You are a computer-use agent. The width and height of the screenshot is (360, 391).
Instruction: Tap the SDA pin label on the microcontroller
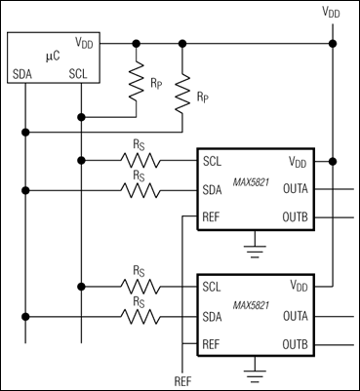23,73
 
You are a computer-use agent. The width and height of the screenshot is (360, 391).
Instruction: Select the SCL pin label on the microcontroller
80,73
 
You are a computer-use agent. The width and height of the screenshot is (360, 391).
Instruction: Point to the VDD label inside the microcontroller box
85,44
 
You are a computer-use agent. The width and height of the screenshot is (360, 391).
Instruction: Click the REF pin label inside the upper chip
214,216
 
